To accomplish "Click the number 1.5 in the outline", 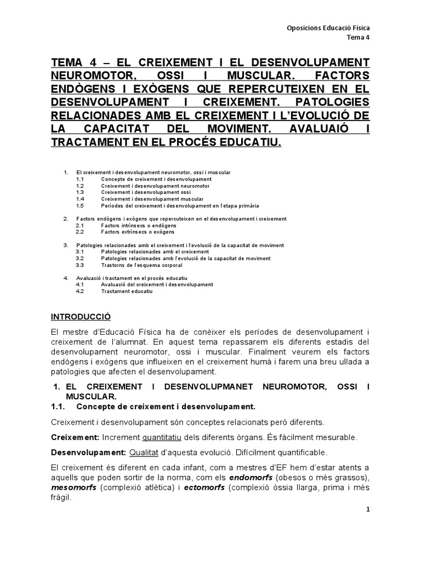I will click(x=79, y=205).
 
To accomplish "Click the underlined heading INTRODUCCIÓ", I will click(x=81, y=317).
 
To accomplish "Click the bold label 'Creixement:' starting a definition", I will click(x=75, y=438).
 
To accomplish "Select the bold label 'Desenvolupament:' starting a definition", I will click(x=88, y=453).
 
